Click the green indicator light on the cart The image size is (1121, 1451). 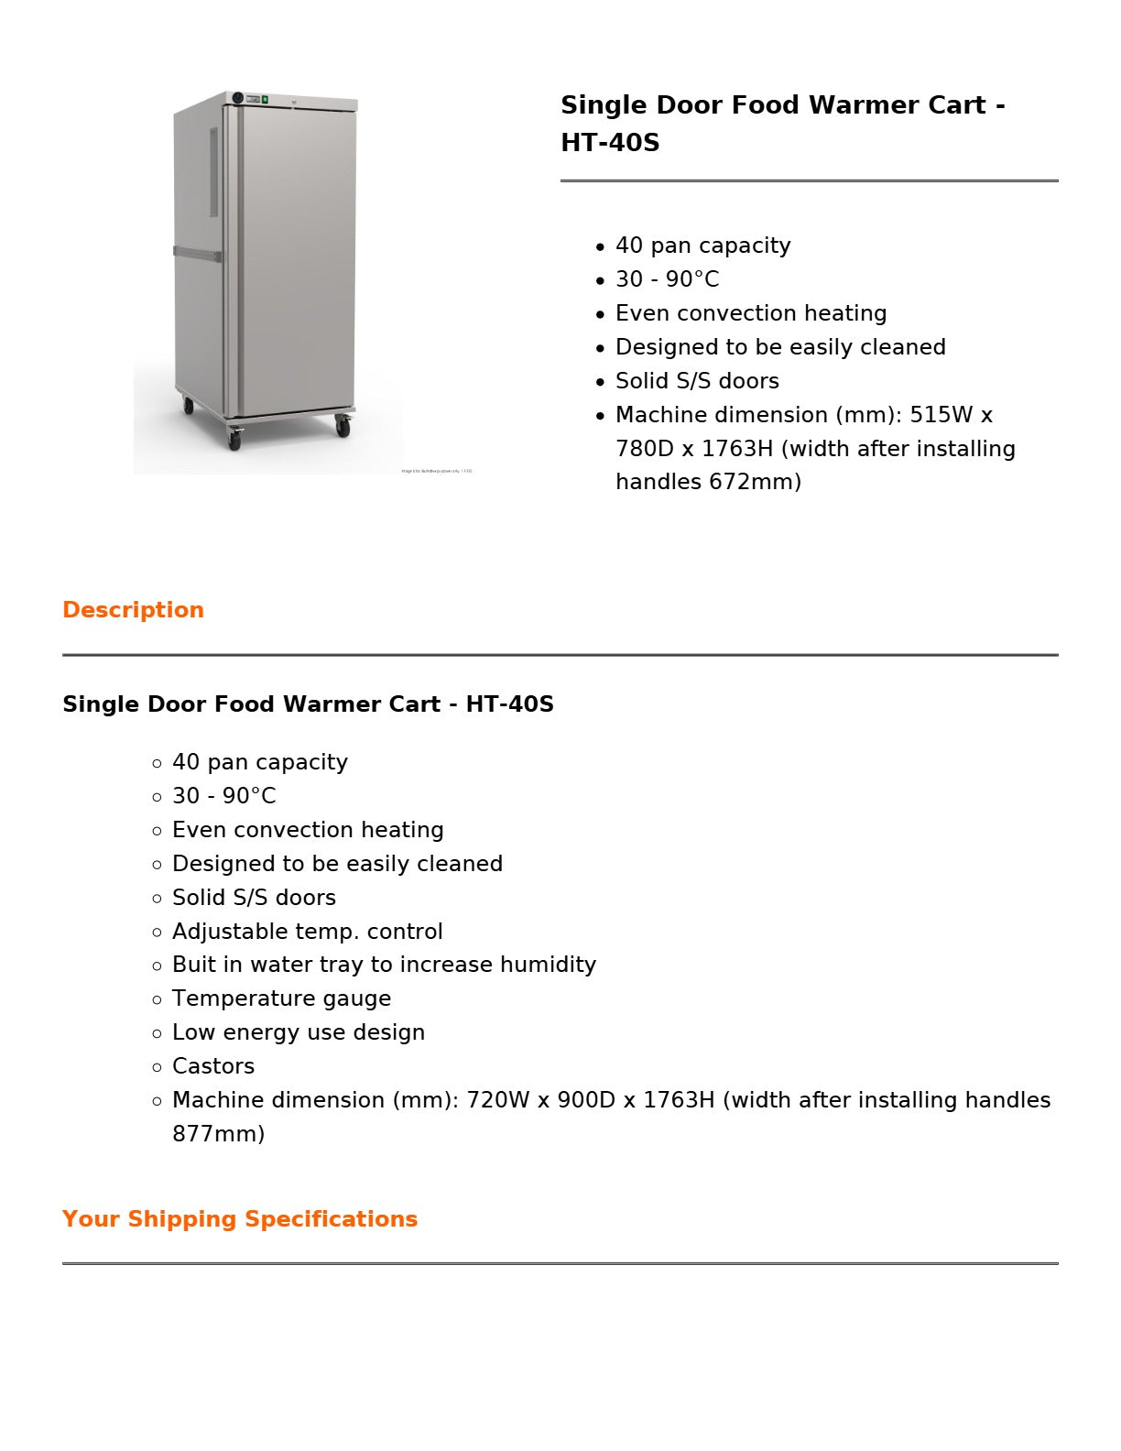265,99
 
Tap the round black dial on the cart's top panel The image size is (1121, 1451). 237,98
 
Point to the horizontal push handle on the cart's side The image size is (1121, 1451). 197,254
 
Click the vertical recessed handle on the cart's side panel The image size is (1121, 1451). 214,172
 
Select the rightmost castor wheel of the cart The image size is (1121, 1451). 343,426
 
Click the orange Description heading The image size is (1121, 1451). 133,610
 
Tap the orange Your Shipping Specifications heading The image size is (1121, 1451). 240,1219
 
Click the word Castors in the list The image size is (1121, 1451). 213,1066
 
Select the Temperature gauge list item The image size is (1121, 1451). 281,998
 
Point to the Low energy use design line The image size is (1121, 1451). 299,1032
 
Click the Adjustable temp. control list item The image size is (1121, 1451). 308,932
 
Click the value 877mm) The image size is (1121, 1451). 218,1134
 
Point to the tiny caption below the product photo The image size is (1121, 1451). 437,472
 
